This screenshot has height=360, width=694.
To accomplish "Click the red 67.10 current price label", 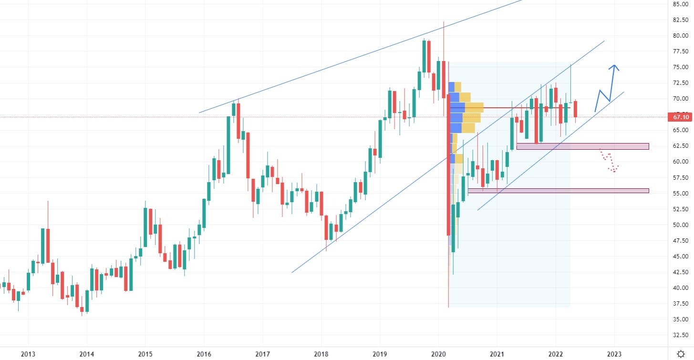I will tap(680, 117).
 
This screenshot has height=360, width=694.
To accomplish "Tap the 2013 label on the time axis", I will tap(28, 353).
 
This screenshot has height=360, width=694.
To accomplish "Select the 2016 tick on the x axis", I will tap(204, 353).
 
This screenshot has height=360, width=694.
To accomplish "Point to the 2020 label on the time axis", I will tap(438, 353).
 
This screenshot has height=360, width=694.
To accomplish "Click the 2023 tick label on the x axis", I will tap(614, 353).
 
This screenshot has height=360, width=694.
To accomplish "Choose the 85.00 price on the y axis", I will tap(680, 4).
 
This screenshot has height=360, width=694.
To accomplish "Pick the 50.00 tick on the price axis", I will tap(680, 225).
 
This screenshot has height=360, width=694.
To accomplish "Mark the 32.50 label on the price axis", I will tap(680, 335).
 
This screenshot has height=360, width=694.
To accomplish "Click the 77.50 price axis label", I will tap(680, 51).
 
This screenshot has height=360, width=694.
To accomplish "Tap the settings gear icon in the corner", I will tap(681, 353).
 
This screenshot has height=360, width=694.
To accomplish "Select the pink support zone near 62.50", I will tap(582, 146).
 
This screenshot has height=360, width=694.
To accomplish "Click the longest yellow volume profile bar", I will tap(474, 108).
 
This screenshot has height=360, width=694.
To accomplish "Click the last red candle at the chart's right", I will tap(576, 109).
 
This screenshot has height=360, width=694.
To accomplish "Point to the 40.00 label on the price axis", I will tap(680, 288).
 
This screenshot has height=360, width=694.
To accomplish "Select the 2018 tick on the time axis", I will tap(321, 353).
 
